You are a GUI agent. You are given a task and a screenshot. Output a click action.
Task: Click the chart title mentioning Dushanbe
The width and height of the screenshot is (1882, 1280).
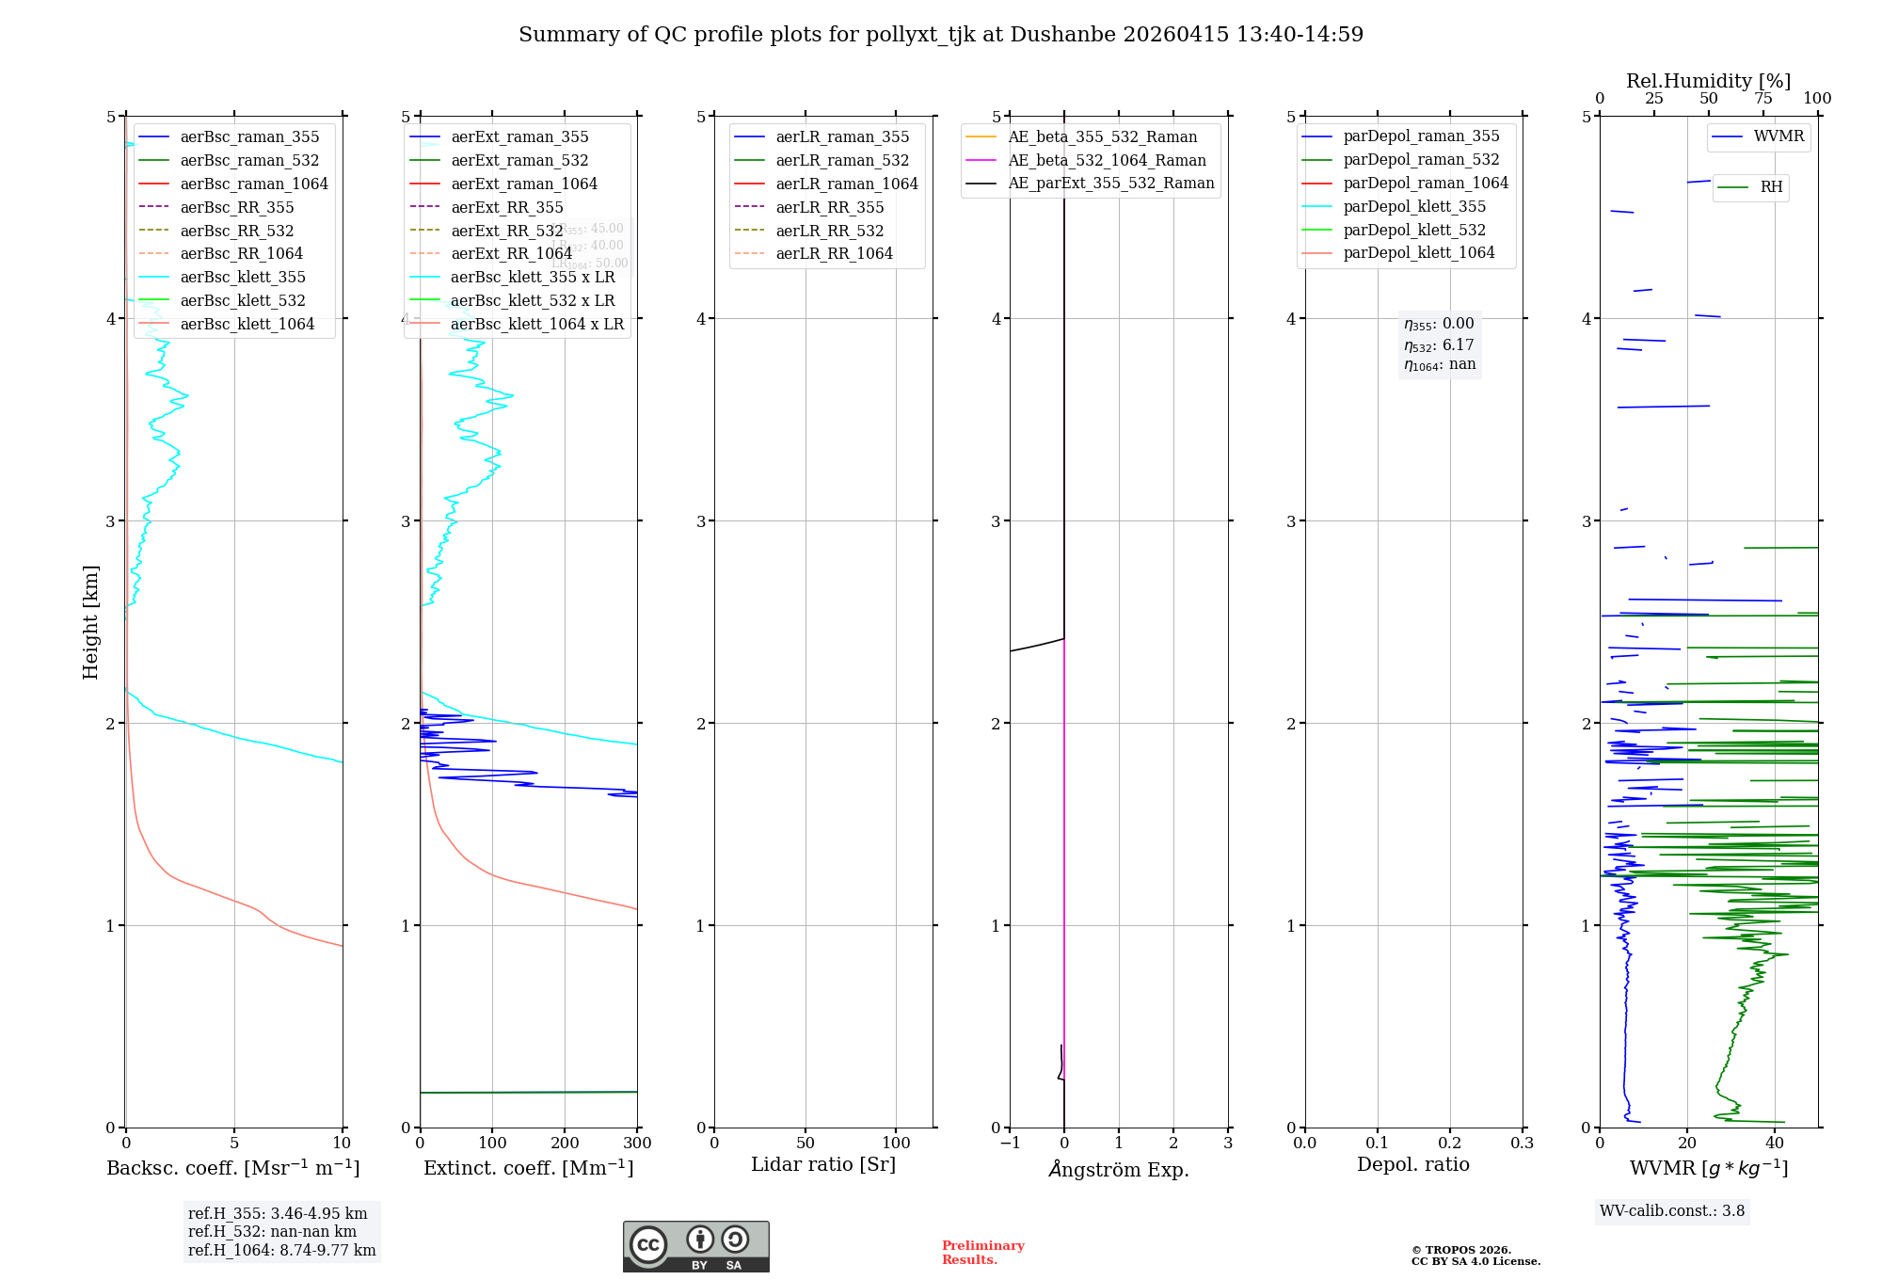pos(941,35)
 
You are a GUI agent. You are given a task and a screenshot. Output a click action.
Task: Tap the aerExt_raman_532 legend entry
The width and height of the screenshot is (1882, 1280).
pos(519,160)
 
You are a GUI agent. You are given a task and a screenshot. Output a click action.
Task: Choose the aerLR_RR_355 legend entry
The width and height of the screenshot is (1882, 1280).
pos(829,207)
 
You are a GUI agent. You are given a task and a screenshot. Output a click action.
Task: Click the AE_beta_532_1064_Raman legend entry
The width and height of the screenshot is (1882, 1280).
pos(1107,160)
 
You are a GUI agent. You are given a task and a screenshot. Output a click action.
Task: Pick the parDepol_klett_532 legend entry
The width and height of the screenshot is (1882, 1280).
pos(1414,230)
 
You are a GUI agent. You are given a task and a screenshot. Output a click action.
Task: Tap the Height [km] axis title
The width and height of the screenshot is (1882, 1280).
pos(90,621)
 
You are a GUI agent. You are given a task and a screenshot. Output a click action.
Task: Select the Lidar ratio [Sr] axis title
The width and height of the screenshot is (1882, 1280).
pos(823,1164)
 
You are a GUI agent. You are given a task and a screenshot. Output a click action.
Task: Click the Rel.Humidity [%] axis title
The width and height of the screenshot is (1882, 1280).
pos(1708,81)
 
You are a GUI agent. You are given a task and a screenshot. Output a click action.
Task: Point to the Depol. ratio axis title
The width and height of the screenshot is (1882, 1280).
pos(1412,1164)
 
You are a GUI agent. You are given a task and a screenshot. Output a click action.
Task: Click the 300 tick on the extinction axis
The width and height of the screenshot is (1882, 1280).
pos(637,1144)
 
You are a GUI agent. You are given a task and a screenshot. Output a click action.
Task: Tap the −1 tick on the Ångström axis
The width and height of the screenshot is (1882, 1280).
pos(1010,1144)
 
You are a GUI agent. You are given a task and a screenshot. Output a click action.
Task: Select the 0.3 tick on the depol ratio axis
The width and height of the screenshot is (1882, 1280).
pos(1522,1144)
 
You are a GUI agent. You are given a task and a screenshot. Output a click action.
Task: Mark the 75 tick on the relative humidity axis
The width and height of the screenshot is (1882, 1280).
pos(1762,99)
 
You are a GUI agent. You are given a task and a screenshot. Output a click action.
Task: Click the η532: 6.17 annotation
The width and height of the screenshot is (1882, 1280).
pos(1440,345)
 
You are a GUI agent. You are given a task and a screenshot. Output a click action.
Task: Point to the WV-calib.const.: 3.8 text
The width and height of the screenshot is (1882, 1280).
pos(1672,1211)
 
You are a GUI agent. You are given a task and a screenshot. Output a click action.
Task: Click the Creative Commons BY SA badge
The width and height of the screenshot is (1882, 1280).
pos(695,1246)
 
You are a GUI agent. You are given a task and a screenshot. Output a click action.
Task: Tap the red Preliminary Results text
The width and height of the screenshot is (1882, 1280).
pos(982,1253)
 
